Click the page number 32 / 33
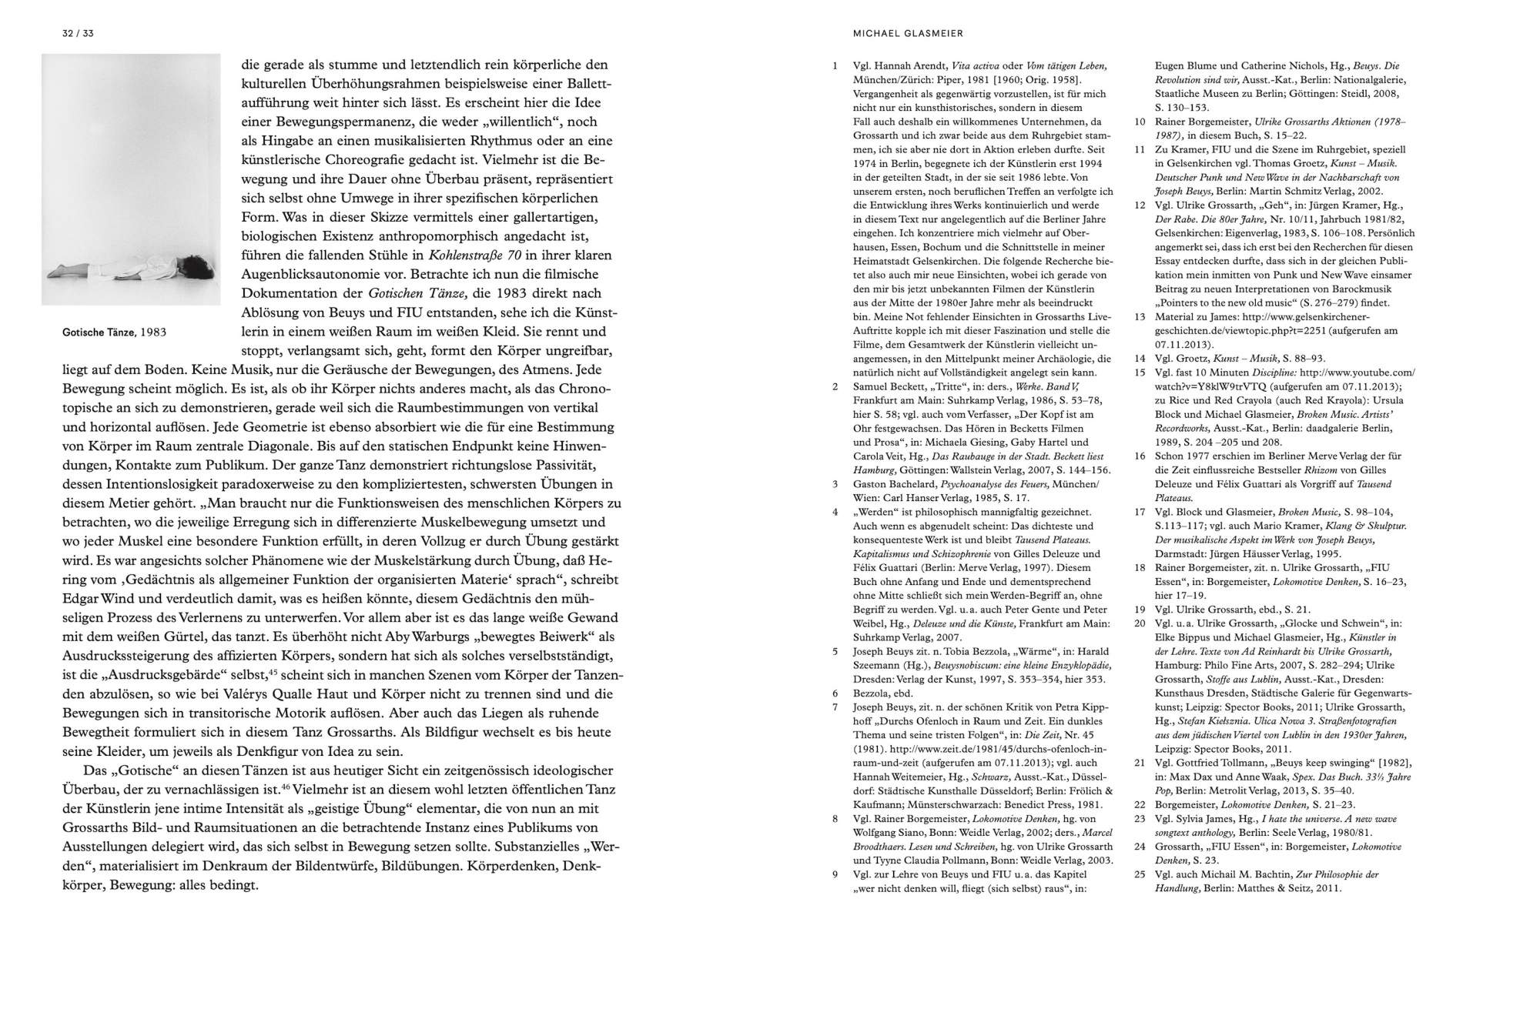pos(78,34)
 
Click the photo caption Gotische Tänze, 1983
pos(114,332)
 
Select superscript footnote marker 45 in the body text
pos(273,671)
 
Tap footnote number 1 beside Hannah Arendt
pos(835,66)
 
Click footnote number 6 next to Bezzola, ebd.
pos(835,693)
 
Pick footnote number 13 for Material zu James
pos(1140,317)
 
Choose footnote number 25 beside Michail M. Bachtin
pos(1140,875)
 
